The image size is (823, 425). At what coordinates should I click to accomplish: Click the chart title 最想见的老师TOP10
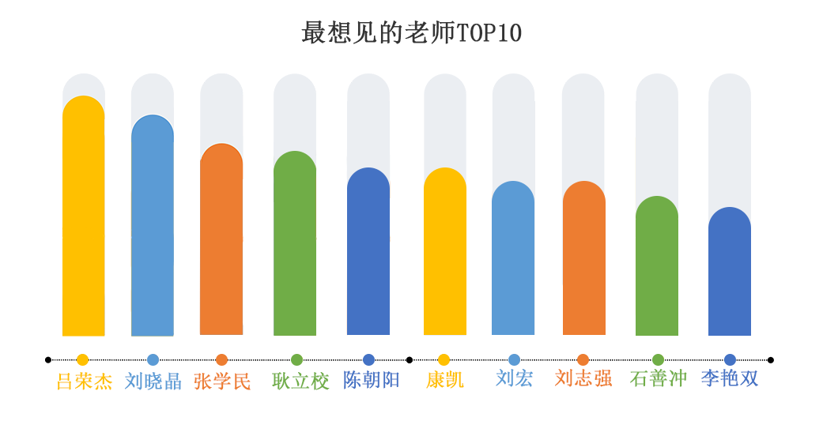tap(411, 33)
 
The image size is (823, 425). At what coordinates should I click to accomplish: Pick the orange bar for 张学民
tap(221, 240)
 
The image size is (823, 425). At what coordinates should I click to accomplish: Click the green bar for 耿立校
tap(295, 244)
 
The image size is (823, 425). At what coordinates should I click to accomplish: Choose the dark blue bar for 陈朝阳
tap(368, 252)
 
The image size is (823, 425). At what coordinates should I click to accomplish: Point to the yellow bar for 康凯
tap(445, 252)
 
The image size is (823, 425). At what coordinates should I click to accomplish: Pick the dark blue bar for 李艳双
tap(730, 272)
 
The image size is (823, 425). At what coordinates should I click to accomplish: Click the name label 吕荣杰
tap(84, 381)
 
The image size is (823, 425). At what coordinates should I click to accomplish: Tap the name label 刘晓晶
tap(153, 381)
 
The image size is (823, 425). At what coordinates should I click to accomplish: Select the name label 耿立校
tap(300, 381)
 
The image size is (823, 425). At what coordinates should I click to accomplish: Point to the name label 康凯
tap(444, 380)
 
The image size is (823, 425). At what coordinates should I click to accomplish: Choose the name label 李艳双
tap(730, 378)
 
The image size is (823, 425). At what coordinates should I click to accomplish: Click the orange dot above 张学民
tap(221, 359)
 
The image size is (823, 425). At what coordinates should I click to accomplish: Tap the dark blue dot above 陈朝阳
tap(368, 359)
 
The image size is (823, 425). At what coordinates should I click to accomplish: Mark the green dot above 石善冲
tap(658, 359)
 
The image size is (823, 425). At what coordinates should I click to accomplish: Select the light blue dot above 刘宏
tap(514, 359)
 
